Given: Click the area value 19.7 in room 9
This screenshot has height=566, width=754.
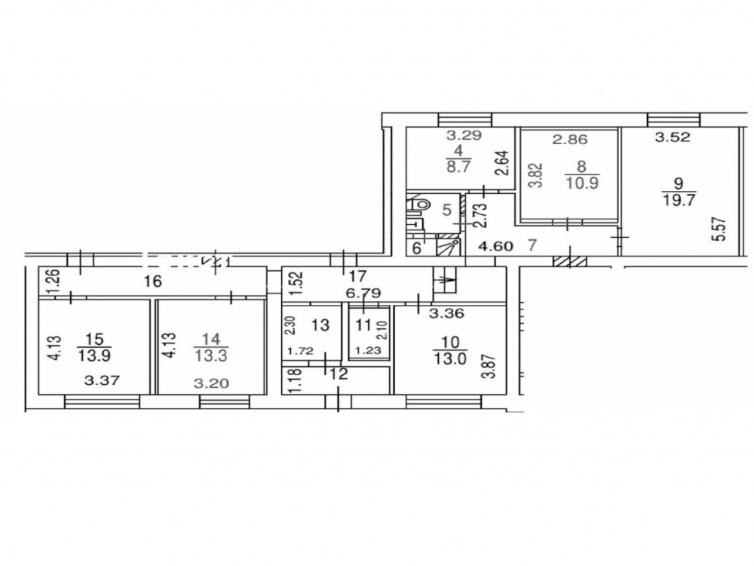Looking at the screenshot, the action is coord(679,199).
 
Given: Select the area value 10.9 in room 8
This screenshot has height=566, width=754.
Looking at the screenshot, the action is coord(581,183).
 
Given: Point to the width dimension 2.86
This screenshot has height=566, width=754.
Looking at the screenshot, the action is coord(570,140).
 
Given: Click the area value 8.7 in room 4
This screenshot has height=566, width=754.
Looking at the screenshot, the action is coord(458,167).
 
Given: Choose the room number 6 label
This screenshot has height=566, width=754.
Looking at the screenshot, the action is coord(416,248).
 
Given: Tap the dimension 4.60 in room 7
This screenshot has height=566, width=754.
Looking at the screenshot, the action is coord(496,247).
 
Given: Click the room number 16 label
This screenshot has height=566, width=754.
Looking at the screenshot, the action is coord(153,281).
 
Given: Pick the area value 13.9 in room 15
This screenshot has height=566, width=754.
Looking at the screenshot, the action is coord(94,355).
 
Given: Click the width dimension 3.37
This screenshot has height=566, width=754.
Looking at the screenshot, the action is coord(102,381).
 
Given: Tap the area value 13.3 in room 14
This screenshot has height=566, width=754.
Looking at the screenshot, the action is coord(211,355).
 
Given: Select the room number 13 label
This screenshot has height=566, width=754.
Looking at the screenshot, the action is coord(320,325).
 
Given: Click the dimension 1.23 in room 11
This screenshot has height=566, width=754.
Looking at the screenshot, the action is coord(367,351).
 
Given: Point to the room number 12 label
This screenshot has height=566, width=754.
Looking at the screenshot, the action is coord(339,374).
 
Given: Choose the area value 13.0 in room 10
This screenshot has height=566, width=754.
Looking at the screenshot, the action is coord(449,359).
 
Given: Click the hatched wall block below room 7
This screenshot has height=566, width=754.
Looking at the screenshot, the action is coord(570,262).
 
